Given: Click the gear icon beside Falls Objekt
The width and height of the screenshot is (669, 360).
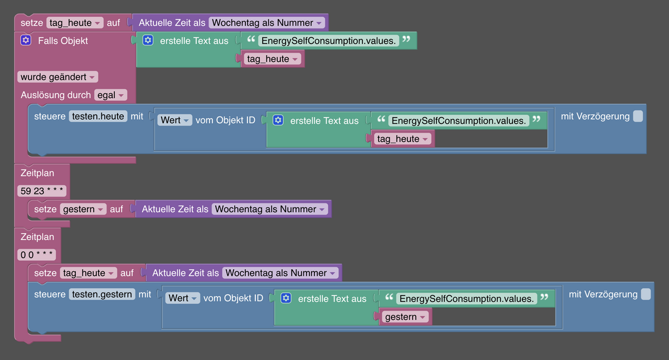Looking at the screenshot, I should point(26,41).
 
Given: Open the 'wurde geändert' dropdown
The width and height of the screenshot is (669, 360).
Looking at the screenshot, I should point(57,77).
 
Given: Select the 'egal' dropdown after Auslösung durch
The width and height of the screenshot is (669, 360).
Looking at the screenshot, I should point(110,95).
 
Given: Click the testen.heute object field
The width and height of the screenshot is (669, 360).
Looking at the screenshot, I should point(98,116).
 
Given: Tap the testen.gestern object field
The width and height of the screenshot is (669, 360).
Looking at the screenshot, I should point(102,294).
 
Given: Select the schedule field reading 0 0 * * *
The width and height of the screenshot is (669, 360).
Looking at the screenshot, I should point(36,255).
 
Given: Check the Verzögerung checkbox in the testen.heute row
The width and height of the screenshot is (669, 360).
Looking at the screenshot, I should point(638,116).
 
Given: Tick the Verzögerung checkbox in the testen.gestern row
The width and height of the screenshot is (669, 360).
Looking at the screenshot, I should point(646,294).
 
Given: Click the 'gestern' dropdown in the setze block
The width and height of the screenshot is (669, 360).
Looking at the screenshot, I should point(83,209).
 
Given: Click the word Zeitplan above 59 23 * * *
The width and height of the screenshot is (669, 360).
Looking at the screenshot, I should point(37,173).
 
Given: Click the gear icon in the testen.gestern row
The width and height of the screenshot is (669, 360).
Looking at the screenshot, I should point(286,298).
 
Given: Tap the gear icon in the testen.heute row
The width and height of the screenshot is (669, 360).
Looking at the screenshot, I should point(278,120).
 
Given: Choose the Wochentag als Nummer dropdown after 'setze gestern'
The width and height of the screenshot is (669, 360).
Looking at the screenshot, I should point(270,209).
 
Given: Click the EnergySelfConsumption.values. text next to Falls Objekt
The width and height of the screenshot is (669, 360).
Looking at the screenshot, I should point(329,41).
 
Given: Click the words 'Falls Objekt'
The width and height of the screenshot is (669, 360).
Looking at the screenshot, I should point(63,41).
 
